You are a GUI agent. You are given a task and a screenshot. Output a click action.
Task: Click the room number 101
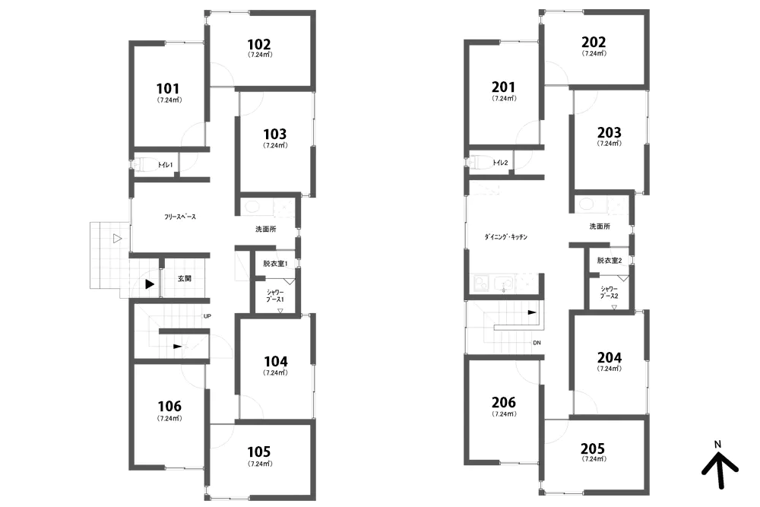pyautogui.click(x=168, y=89)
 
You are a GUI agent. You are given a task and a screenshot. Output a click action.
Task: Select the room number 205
pyautogui.click(x=593, y=448)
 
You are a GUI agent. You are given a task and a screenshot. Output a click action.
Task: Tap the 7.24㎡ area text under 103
pyautogui.click(x=275, y=145)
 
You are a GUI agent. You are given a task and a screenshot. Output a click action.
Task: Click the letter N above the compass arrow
pyautogui.click(x=718, y=444)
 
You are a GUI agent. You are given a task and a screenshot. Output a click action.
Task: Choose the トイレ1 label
pyautogui.click(x=165, y=165)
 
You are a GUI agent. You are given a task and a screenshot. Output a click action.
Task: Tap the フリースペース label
pyautogui.click(x=180, y=217)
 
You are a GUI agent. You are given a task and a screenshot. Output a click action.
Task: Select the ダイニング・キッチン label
pyautogui.click(x=505, y=237)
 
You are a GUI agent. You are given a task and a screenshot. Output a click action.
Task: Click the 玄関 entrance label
pyautogui.click(x=184, y=278)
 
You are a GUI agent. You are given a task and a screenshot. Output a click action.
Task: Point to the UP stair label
pyautogui.click(x=207, y=316)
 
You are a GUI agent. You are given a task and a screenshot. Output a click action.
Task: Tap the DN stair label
pyautogui.click(x=537, y=343)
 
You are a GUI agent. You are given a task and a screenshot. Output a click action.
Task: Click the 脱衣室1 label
pyautogui.click(x=275, y=264)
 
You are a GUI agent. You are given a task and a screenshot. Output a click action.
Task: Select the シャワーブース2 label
pyautogui.click(x=610, y=293)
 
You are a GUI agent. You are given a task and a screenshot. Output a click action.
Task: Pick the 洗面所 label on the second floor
pyautogui.click(x=600, y=227)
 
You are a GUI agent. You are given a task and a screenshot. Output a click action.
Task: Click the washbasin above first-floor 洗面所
pyautogui.click(x=252, y=207)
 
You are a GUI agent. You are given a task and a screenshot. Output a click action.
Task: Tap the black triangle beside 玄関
pyautogui.click(x=150, y=284)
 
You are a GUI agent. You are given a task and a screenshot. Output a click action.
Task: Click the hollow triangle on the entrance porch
pyautogui.click(x=117, y=239)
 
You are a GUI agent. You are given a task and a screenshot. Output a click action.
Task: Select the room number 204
pyautogui.click(x=610, y=358)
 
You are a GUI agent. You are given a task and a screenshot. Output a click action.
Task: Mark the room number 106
pyautogui.click(x=169, y=406)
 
